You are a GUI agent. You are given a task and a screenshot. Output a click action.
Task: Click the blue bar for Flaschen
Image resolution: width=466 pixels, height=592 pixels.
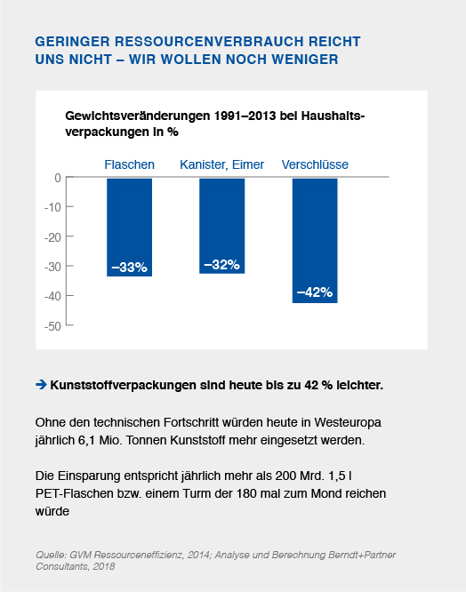click(129, 227)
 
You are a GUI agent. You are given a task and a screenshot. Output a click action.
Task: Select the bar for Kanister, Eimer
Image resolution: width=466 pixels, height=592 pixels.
click(221, 226)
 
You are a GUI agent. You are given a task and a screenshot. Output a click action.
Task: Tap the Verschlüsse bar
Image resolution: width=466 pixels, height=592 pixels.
click(315, 240)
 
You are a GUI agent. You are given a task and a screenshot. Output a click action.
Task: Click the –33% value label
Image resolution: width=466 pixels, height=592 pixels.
click(129, 268)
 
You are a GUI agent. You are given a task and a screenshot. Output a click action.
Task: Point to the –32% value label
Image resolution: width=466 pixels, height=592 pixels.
click(221, 264)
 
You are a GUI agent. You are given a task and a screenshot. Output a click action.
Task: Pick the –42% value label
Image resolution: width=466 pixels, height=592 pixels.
click(315, 292)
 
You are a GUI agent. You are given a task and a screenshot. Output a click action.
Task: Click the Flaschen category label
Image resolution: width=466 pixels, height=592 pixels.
click(129, 164)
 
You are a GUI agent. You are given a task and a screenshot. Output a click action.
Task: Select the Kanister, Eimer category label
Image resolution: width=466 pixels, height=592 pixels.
click(221, 164)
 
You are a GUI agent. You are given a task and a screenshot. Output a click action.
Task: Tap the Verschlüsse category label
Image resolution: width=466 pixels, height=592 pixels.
click(315, 164)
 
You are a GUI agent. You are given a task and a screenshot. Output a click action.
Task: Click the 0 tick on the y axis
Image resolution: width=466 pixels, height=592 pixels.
click(58, 178)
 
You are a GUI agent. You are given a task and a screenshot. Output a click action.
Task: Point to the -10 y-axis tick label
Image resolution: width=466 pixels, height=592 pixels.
click(52, 207)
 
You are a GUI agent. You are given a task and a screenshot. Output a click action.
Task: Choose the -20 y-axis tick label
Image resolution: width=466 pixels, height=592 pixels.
click(52, 237)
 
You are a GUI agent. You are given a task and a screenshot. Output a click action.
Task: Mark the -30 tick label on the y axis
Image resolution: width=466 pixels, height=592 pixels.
click(52, 267)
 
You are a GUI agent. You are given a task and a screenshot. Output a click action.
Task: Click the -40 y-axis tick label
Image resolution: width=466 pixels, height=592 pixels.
click(52, 296)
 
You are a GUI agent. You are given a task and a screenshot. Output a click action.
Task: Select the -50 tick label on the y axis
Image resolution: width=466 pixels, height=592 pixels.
click(52, 326)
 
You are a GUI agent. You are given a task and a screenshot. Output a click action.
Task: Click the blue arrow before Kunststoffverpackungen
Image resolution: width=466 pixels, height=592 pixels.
click(41, 385)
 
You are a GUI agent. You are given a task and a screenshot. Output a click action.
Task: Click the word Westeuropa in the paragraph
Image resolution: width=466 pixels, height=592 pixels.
click(348, 422)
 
